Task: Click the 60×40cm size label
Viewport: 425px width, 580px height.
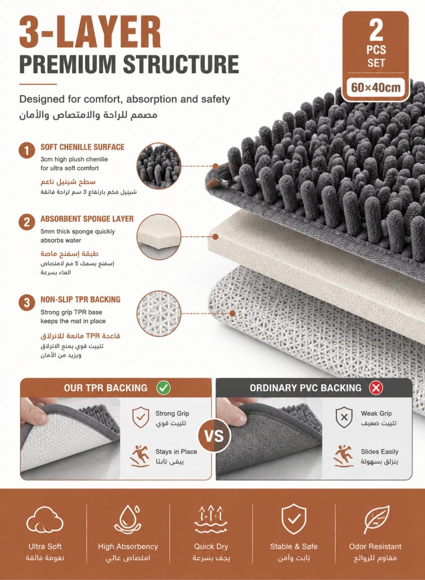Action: click(x=376, y=87)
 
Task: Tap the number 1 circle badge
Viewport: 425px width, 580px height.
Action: click(x=27, y=150)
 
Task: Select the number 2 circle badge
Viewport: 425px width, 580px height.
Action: click(x=27, y=223)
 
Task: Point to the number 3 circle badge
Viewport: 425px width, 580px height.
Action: click(x=27, y=303)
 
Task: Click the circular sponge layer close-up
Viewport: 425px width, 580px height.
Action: click(x=159, y=237)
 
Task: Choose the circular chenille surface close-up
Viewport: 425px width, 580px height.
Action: click(x=159, y=166)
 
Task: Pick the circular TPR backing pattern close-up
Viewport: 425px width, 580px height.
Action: click(x=159, y=313)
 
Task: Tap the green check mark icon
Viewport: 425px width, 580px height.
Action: click(x=163, y=388)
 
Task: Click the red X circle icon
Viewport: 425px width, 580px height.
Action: click(x=376, y=388)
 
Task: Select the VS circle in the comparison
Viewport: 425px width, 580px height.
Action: click(x=214, y=436)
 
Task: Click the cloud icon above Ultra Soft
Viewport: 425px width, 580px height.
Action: click(x=45, y=519)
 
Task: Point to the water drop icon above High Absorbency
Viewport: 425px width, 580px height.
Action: click(x=128, y=519)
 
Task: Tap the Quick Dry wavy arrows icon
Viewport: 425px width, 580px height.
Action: click(x=211, y=519)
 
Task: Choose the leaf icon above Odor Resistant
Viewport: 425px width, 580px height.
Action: click(x=376, y=519)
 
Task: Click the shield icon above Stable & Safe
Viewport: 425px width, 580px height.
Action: click(x=294, y=519)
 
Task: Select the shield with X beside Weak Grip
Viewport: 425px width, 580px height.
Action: click(x=344, y=417)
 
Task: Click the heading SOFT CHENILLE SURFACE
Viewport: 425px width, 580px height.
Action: click(x=82, y=147)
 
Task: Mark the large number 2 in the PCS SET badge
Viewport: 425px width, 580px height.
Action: click(x=376, y=30)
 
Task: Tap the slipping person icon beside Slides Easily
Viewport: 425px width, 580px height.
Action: click(x=344, y=456)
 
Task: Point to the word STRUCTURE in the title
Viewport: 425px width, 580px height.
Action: click(x=181, y=64)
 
